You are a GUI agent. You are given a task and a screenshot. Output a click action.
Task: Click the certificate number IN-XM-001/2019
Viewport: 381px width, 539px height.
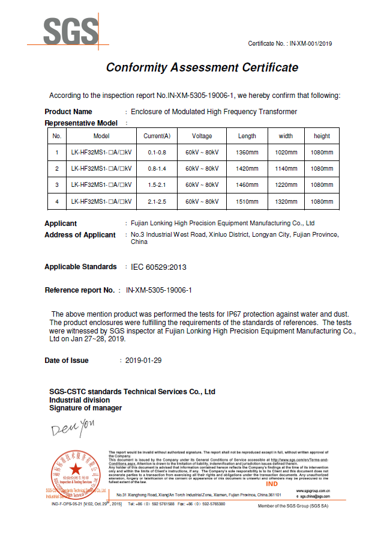coord(311,43)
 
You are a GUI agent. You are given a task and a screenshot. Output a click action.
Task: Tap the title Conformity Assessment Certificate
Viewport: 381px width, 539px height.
coord(202,67)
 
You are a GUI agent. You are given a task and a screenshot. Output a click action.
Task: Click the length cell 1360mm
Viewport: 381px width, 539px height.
coord(247,152)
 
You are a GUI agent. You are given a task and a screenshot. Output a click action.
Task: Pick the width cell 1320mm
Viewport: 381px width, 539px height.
coord(286,201)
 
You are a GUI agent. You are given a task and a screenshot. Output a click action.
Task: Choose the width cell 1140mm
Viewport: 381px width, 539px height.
coord(286,169)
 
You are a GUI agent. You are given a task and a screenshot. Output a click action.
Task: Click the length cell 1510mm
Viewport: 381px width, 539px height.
coord(247,201)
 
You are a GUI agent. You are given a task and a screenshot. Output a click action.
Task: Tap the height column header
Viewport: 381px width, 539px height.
coord(322,136)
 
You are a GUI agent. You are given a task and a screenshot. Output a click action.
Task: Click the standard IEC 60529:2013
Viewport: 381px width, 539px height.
coord(155,267)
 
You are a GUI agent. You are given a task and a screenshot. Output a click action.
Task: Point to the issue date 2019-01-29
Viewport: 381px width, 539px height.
coord(144,361)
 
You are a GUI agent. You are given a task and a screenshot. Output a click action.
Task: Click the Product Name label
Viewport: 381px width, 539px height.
coord(68,112)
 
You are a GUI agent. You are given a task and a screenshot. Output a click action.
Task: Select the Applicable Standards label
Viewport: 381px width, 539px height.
coord(80,267)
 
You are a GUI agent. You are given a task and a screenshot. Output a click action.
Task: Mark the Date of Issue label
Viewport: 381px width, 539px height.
coord(67,361)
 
